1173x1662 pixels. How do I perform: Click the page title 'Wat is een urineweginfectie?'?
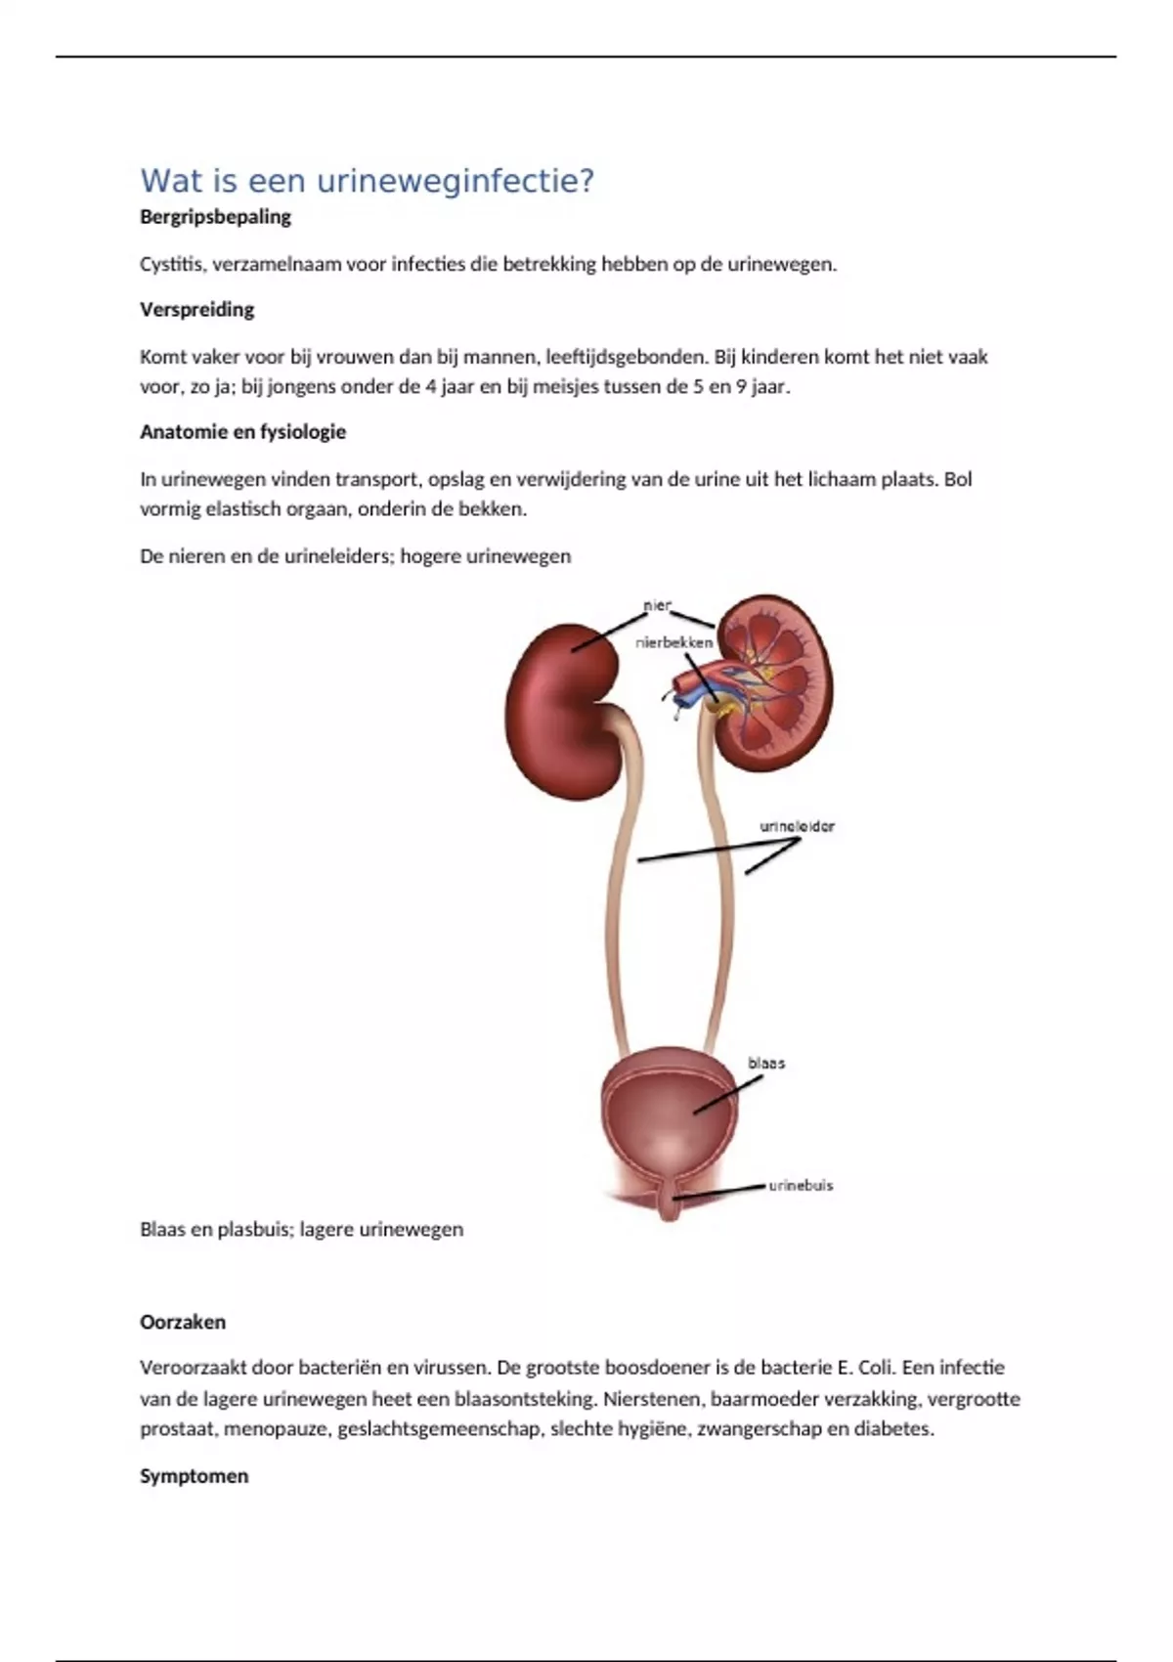click(x=367, y=181)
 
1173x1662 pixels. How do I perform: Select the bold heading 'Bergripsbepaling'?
click(x=215, y=217)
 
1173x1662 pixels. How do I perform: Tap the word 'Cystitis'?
click(x=170, y=264)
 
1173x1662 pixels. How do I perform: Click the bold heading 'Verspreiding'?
click(x=196, y=310)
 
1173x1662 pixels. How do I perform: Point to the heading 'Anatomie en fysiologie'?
click(x=242, y=432)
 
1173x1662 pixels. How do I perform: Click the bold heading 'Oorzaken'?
click(x=183, y=1322)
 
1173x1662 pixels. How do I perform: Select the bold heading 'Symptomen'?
click(x=194, y=1476)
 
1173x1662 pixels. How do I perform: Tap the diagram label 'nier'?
click(x=657, y=605)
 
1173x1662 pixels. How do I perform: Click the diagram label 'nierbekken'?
click(x=673, y=642)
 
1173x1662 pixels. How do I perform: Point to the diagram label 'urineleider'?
click(x=797, y=826)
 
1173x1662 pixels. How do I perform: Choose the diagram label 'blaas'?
click(x=766, y=1063)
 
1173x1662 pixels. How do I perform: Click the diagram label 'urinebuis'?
click(x=801, y=1185)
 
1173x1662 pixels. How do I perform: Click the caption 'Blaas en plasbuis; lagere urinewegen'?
click(x=301, y=1230)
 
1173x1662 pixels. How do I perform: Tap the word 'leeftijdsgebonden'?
click(x=625, y=357)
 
